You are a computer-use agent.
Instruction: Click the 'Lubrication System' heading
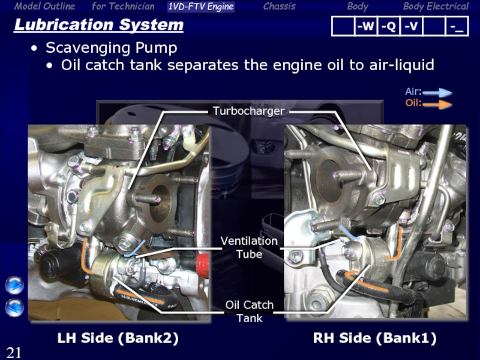(98, 25)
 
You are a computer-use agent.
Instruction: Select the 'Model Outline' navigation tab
(44, 6)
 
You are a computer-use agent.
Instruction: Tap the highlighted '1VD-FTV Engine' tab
(201, 7)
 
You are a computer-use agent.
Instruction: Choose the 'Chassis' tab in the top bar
(279, 6)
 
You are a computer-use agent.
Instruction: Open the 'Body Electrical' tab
(436, 6)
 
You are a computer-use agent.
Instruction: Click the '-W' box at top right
(365, 26)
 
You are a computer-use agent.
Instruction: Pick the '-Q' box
(388, 26)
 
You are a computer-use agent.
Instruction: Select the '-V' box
(411, 26)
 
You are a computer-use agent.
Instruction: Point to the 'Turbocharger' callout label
(248, 111)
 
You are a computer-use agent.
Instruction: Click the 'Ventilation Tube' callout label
(249, 247)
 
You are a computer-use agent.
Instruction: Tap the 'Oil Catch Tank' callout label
(249, 311)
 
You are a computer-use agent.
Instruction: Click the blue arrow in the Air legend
(437, 92)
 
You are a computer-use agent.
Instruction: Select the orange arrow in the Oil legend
(437, 104)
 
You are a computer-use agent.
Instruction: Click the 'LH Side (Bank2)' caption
(118, 338)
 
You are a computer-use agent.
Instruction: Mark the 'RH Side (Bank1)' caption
(374, 338)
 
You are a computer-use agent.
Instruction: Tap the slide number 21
(14, 353)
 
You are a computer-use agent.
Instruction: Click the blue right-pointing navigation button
(14, 286)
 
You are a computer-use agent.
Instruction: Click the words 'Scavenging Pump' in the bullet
(112, 48)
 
